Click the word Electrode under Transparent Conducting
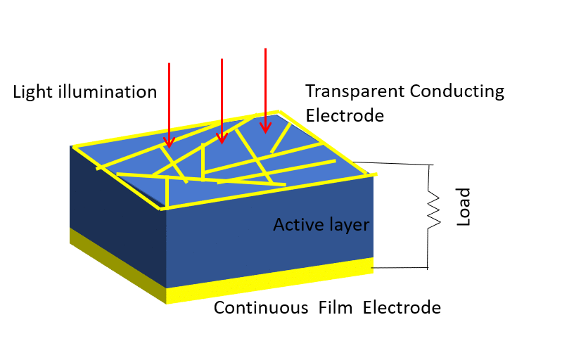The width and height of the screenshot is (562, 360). point(345,115)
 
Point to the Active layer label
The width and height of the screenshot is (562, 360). point(321,225)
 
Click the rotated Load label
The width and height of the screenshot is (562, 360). point(464,206)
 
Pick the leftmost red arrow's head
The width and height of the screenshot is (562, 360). point(169,142)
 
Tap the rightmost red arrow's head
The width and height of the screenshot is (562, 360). point(265,127)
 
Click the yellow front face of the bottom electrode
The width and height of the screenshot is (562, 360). point(267,281)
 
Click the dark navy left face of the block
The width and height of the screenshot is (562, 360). point(116,204)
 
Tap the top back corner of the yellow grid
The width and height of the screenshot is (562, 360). point(281,112)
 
